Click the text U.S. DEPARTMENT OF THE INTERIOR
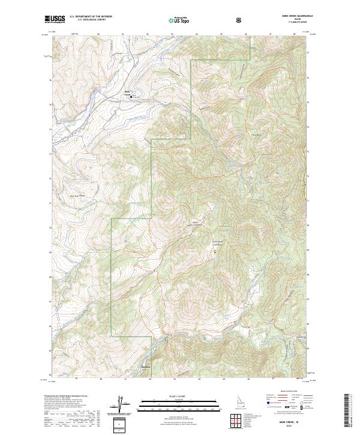(91, 18)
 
